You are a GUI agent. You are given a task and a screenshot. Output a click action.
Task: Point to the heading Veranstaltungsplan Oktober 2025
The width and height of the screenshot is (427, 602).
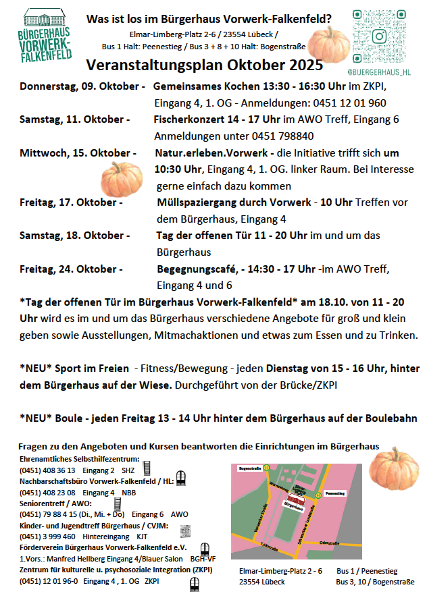(205, 65)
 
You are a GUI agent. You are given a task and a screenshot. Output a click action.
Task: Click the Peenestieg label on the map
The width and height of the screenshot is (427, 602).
(335, 493)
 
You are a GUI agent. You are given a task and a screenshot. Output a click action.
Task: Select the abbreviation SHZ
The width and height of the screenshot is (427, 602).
(129, 470)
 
